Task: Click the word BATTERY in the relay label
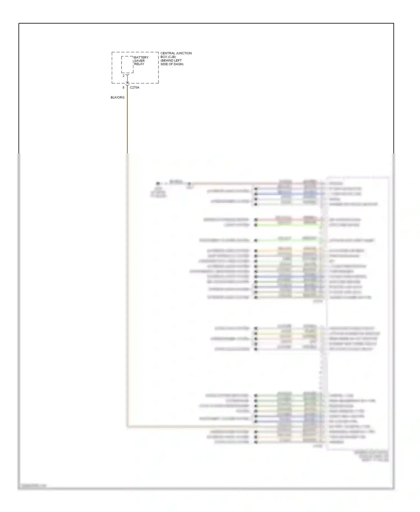pyautogui.click(x=141, y=57)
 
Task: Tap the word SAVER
pyautogui.click(x=139, y=61)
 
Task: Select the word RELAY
pyautogui.click(x=139, y=64)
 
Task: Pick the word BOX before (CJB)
pyautogui.click(x=164, y=57)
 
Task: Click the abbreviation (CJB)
pyautogui.click(x=172, y=57)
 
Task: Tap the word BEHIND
pyautogui.click(x=167, y=60)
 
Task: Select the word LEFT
pyautogui.click(x=178, y=60)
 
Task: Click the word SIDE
pyautogui.click(x=164, y=64)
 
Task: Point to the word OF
pyautogui.click(x=171, y=64)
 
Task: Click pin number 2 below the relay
pyautogui.click(x=123, y=76)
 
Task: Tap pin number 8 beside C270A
pyautogui.click(x=123, y=88)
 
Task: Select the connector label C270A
pyautogui.click(x=134, y=88)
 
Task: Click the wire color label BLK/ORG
pyautogui.click(x=117, y=97)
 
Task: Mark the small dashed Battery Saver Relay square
pyautogui.click(x=127, y=64)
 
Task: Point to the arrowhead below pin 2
pyautogui.click(x=127, y=82)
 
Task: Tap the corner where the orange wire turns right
pyautogui.click(x=128, y=427)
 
